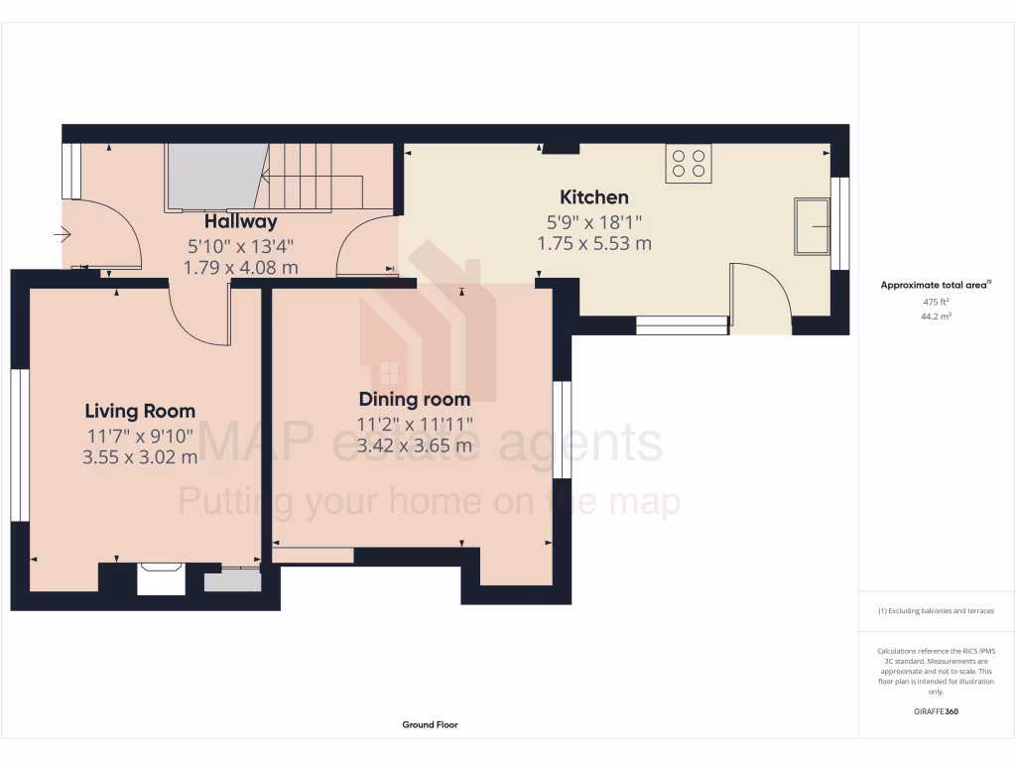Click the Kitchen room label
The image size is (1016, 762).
point(593,196)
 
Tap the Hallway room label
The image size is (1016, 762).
point(240,221)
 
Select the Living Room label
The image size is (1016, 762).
point(140,411)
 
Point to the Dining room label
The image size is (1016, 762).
point(414,399)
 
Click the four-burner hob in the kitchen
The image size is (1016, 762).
point(688,164)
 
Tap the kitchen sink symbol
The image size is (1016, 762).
point(811,226)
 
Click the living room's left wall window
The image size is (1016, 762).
point(16,444)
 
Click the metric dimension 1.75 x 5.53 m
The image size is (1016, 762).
point(593,243)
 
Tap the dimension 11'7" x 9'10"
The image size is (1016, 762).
point(140,435)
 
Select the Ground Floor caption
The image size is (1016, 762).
point(430,725)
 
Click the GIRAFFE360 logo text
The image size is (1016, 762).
point(937,711)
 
